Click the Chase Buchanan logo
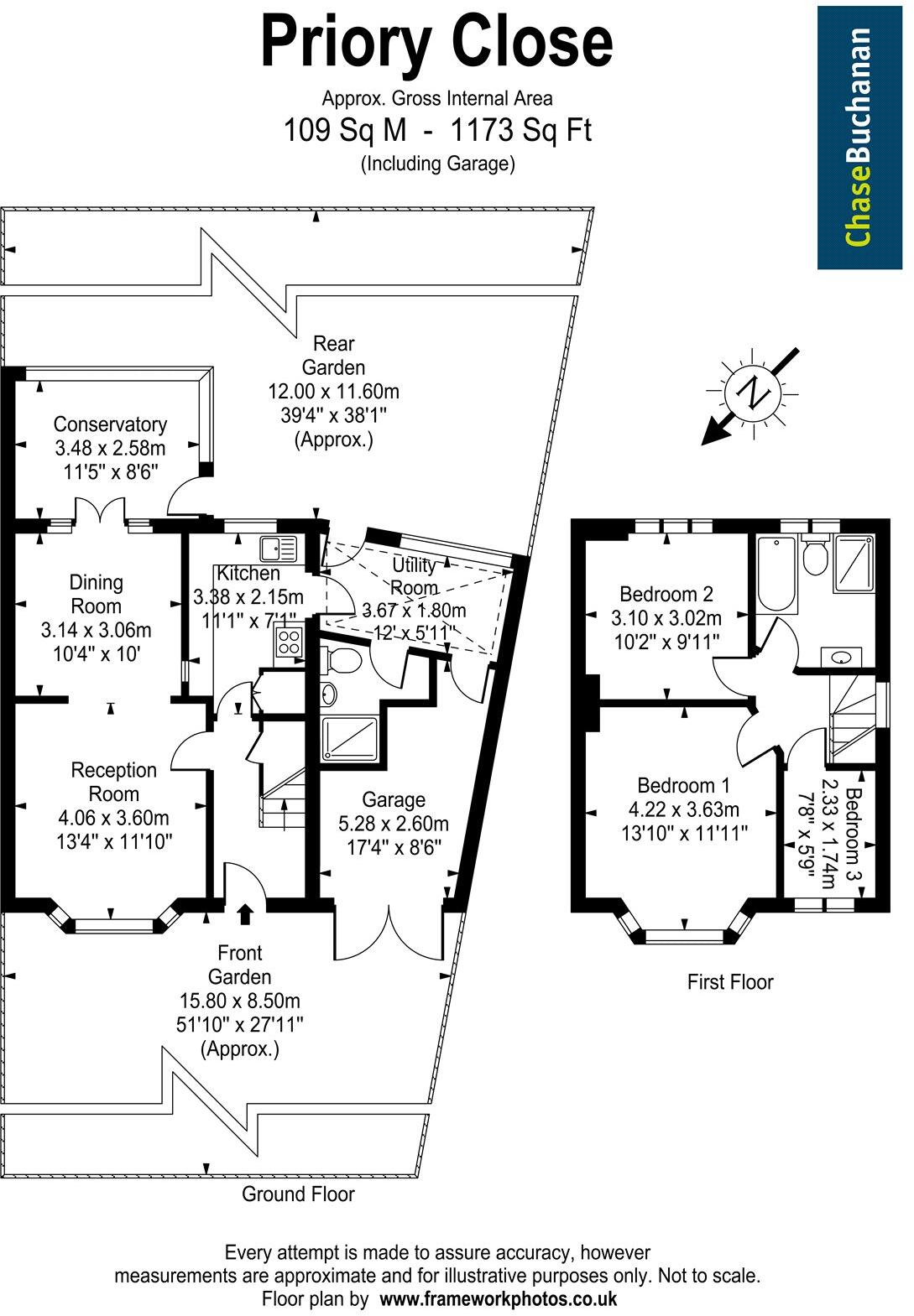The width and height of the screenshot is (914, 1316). coord(859,139)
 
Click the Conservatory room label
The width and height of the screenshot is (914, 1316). coord(110,424)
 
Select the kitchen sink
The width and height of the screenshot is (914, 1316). coord(279,549)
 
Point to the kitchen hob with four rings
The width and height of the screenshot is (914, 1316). coord(288,643)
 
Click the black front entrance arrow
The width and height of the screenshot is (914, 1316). coord(245,913)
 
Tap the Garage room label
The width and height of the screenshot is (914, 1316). coord(394,799)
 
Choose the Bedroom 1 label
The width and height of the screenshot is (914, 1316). coord(683,786)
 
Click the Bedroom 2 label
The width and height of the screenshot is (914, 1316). coord(666,595)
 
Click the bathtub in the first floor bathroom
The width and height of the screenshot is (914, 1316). coord(773,574)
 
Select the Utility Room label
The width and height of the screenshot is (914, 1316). coord(415,575)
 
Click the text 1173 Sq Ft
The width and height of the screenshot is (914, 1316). coord(520,131)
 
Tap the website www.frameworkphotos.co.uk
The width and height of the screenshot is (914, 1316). coord(499,1299)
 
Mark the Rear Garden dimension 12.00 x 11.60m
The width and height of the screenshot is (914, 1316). coord(333,391)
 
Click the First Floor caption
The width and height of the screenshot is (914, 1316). coord(729,981)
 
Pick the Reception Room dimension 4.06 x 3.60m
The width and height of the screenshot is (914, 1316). coord(113,818)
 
